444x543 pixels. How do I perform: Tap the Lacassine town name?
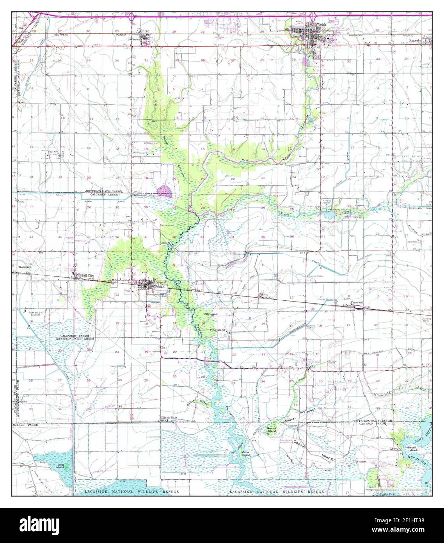(x=135, y=39)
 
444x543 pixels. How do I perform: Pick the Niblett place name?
(x=265, y=295)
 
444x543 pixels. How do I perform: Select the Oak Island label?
(x=210, y=314)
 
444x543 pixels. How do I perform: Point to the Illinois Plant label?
(x=169, y=418)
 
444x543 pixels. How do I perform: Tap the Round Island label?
(x=272, y=430)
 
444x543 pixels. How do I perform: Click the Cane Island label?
(x=246, y=454)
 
